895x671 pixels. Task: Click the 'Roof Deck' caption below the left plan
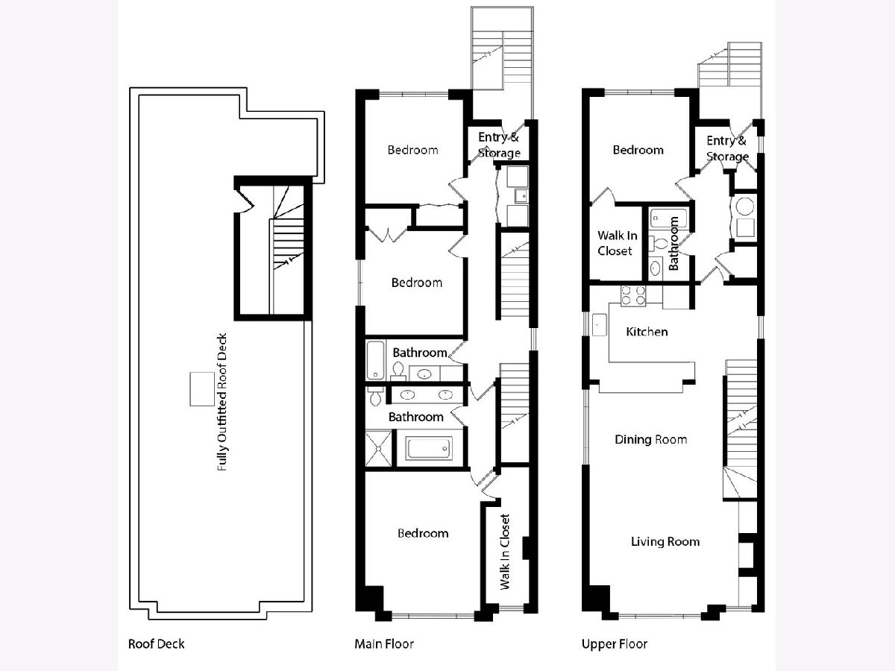point(156,643)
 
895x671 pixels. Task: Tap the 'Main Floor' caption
point(384,643)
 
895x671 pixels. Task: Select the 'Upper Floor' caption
point(615,643)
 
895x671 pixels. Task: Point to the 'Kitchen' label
point(647,332)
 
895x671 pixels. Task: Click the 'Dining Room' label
point(651,439)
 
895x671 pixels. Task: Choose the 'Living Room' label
point(665,541)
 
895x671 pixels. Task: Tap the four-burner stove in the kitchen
point(632,296)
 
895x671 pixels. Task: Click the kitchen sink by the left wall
point(599,325)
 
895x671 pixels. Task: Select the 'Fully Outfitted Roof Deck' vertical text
point(222,402)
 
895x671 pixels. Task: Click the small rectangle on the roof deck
point(202,388)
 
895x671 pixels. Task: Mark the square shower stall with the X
point(378,448)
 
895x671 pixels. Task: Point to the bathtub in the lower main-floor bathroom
point(429,448)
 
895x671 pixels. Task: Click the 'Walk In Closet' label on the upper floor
point(617,243)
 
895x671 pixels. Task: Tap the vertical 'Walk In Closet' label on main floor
point(505,552)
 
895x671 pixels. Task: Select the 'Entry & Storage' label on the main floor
point(499,145)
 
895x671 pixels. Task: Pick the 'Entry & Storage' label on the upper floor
point(727,148)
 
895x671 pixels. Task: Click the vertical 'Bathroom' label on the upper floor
point(673,243)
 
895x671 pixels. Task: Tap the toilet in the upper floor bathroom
point(658,244)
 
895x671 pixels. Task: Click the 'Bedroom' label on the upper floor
point(638,150)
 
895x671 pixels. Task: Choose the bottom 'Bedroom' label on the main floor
point(423,533)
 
